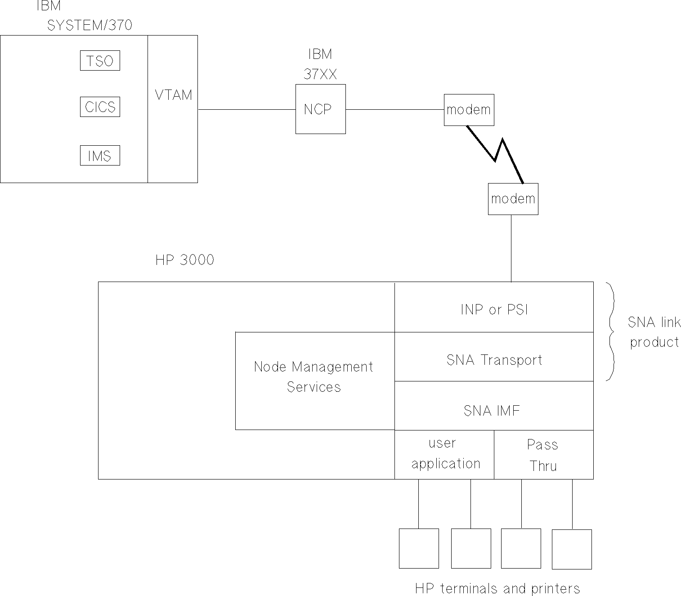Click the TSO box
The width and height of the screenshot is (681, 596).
click(x=100, y=61)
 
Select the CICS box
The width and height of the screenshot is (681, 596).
click(x=100, y=107)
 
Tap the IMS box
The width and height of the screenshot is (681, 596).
click(x=100, y=156)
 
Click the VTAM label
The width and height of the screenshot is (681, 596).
click(x=173, y=95)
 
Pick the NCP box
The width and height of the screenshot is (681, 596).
click(x=320, y=109)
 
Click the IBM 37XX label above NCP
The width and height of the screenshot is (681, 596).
click(x=320, y=64)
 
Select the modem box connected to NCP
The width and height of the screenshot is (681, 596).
click(x=469, y=110)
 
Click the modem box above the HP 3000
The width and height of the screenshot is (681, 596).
click(x=513, y=199)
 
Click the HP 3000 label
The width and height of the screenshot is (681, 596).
click(x=185, y=260)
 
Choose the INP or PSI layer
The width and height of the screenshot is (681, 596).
click(x=494, y=309)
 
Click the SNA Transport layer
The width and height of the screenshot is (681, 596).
click(x=494, y=360)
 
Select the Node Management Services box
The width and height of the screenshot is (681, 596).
click(x=314, y=377)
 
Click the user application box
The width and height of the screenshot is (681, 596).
click(x=445, y=454)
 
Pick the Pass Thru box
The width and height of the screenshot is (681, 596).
click(x=543, y=455)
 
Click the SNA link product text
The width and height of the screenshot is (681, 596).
click(x=654, y=332)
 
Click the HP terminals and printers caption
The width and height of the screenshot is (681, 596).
click(x=497, y=588)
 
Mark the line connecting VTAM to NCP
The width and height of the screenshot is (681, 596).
click(x=246, y=109)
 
